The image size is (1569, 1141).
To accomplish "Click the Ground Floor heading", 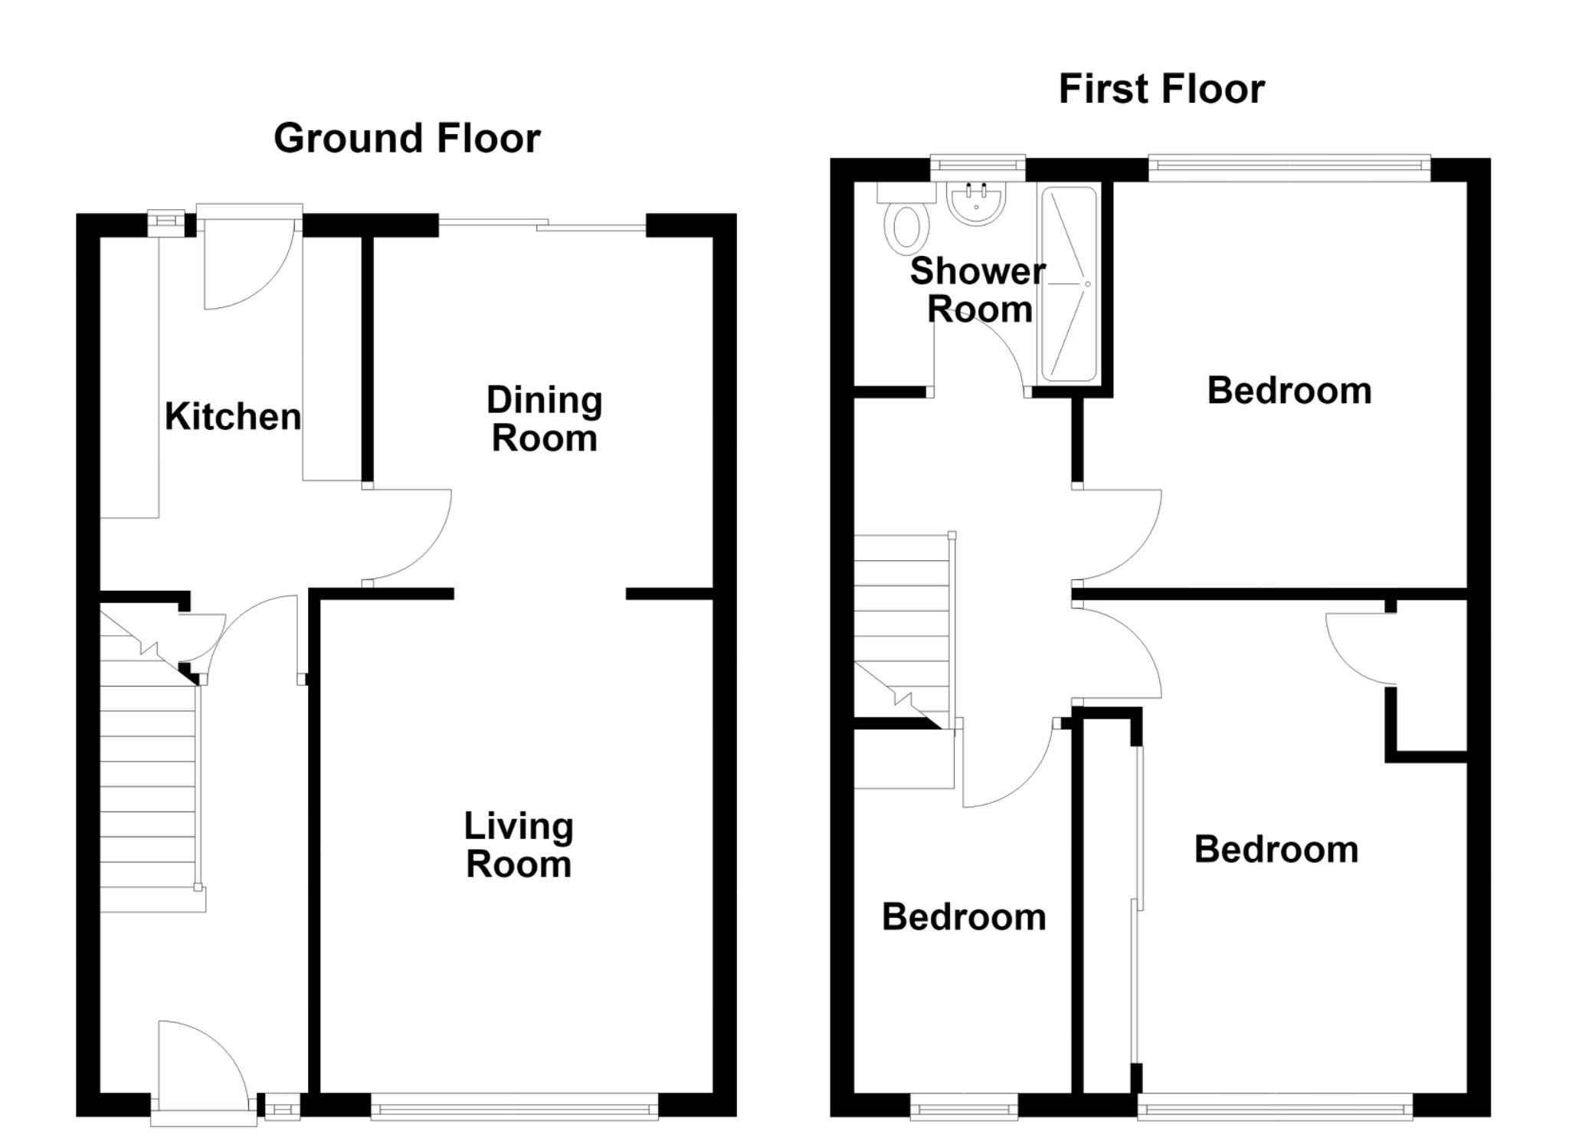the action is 407,139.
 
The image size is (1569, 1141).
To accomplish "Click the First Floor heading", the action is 1161,89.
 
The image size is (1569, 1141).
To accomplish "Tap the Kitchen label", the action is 233,417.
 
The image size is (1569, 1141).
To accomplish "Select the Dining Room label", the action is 545,419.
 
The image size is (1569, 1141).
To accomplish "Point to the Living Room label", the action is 519,845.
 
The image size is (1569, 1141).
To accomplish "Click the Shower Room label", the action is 978,290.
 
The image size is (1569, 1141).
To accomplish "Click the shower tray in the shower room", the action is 1069,284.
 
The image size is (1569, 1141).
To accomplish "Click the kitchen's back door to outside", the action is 249,256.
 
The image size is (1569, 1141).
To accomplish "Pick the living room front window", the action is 514,1107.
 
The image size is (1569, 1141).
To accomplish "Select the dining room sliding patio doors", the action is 542,225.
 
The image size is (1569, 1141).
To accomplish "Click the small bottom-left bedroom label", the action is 964,917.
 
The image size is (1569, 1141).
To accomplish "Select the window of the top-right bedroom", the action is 1289,168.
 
